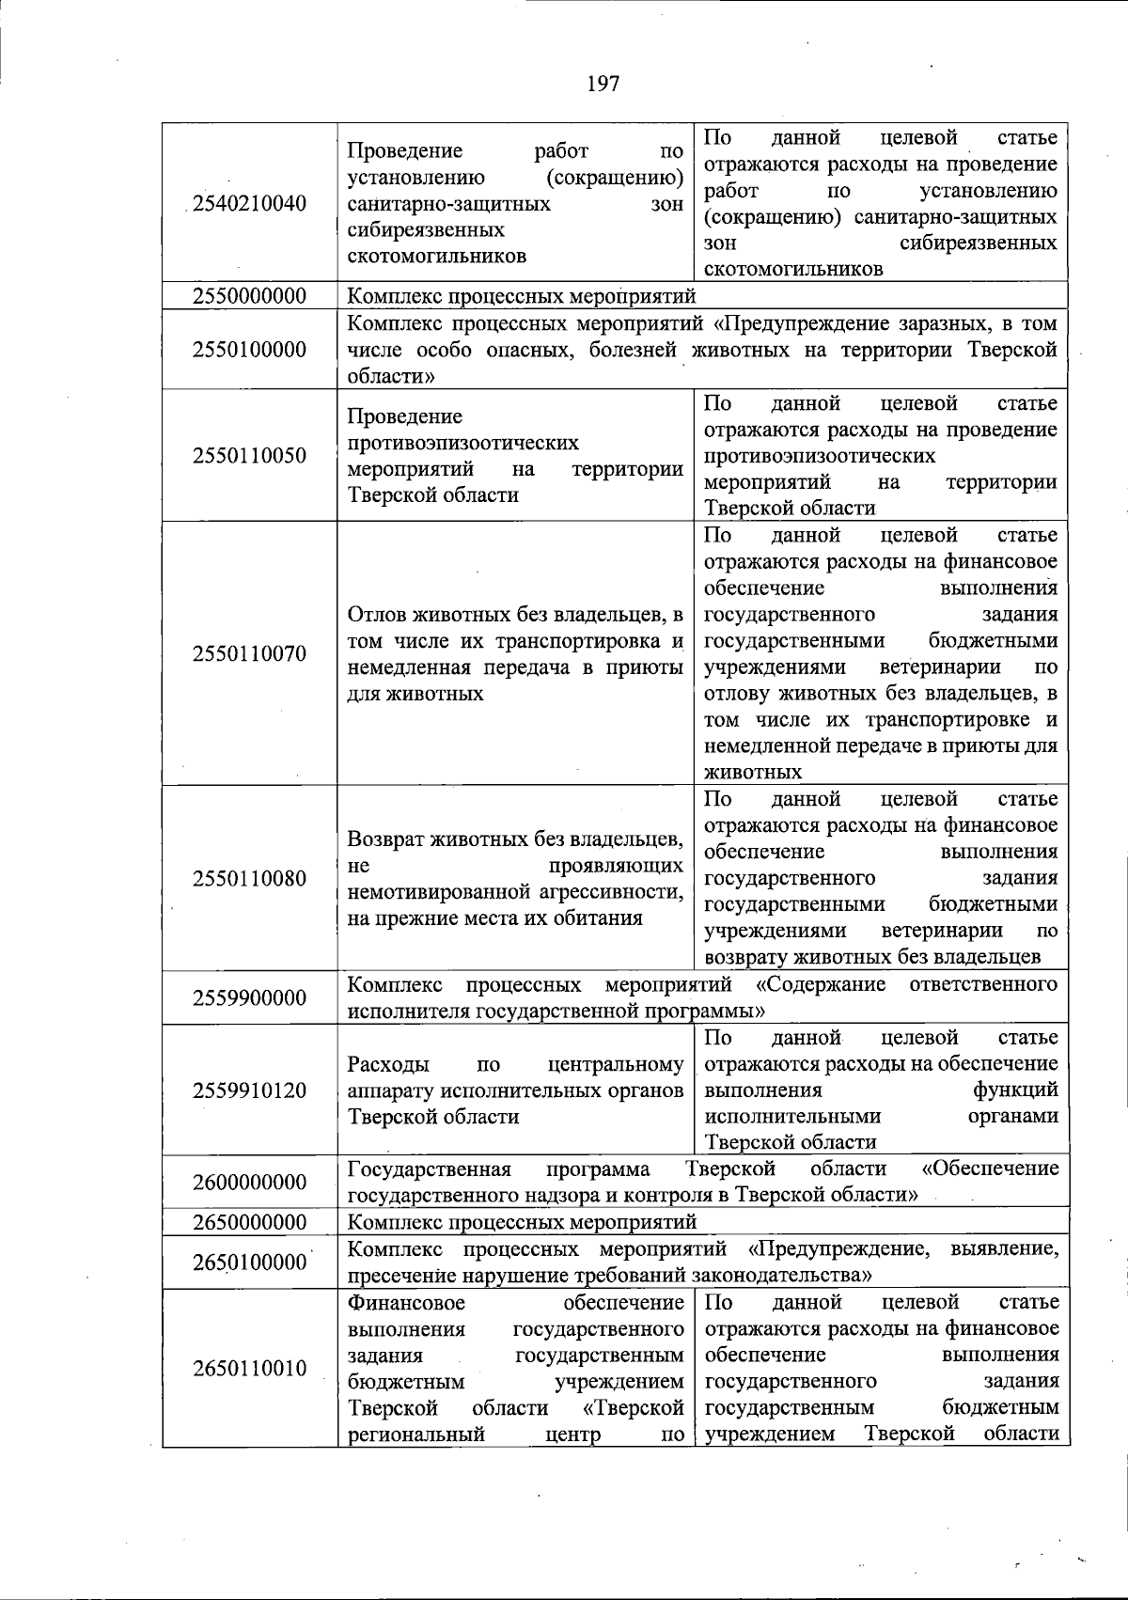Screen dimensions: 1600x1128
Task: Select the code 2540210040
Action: click(249, 203)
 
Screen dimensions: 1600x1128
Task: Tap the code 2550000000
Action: click(249, 296)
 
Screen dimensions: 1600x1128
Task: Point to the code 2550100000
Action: click(249, 350)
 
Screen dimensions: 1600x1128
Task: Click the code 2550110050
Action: click(249, 456)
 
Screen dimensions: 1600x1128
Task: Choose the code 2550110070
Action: click(249, 654)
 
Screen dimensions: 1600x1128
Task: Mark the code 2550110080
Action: click(249, 879)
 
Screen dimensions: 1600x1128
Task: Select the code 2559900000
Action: click(249, 998)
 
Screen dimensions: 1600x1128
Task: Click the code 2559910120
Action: click(249, 1090)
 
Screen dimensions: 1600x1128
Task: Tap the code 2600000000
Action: click(249, 1182)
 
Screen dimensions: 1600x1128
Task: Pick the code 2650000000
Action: click(249, 1222)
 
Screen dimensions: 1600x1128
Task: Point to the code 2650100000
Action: click(249, 1263)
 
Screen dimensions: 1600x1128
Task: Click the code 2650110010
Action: click(249, 1368)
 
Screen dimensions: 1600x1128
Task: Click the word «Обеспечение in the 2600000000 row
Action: click(990, 1169)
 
